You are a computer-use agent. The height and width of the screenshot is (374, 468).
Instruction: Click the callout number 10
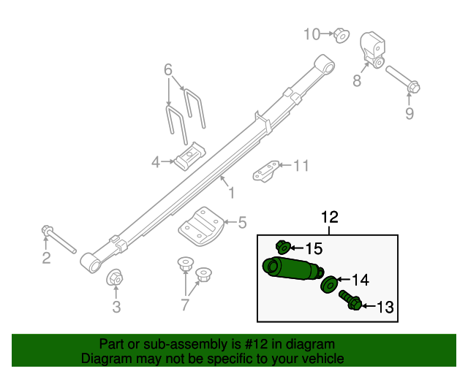(312, 34)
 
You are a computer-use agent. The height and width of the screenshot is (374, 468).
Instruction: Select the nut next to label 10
(340, 34)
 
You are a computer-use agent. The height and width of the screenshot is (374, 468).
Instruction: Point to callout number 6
(168, 70)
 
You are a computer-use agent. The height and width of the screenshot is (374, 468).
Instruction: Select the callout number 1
(231, 193)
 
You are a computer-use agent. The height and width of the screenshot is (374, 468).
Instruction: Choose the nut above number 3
(115, 278)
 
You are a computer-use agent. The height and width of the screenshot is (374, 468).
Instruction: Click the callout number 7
(185, 305)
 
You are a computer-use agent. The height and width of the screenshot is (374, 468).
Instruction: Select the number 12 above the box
(329, 217)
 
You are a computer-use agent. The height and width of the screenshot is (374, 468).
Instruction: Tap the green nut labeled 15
(282, 248)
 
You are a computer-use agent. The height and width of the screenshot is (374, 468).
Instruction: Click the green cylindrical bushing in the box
(292, 267)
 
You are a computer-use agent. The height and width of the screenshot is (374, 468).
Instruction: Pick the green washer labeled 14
(329, 282)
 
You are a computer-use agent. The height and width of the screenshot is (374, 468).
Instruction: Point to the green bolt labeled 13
(350, 300)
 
